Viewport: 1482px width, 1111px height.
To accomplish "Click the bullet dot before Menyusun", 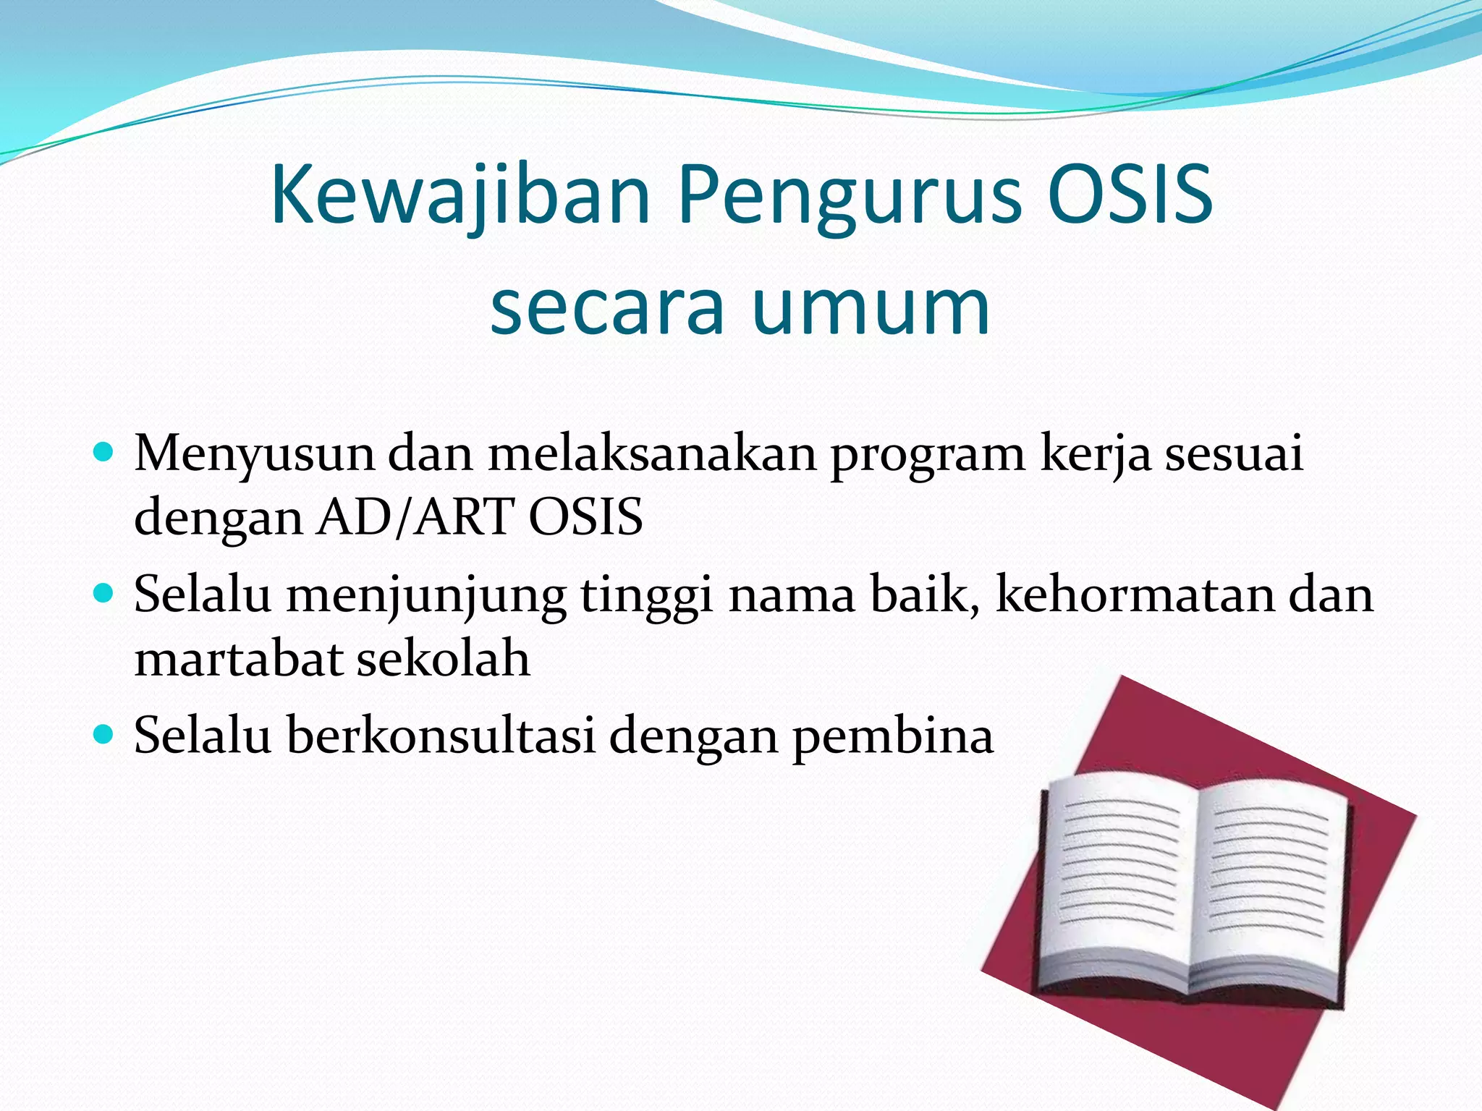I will point(104,453).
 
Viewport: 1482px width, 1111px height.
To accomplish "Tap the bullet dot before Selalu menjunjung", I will point(104,594).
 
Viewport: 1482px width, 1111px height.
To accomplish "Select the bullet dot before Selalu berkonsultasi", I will point(104,735).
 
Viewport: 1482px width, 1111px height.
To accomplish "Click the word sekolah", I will point(444,658).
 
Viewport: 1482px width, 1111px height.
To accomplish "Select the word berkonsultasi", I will point(441,736).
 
